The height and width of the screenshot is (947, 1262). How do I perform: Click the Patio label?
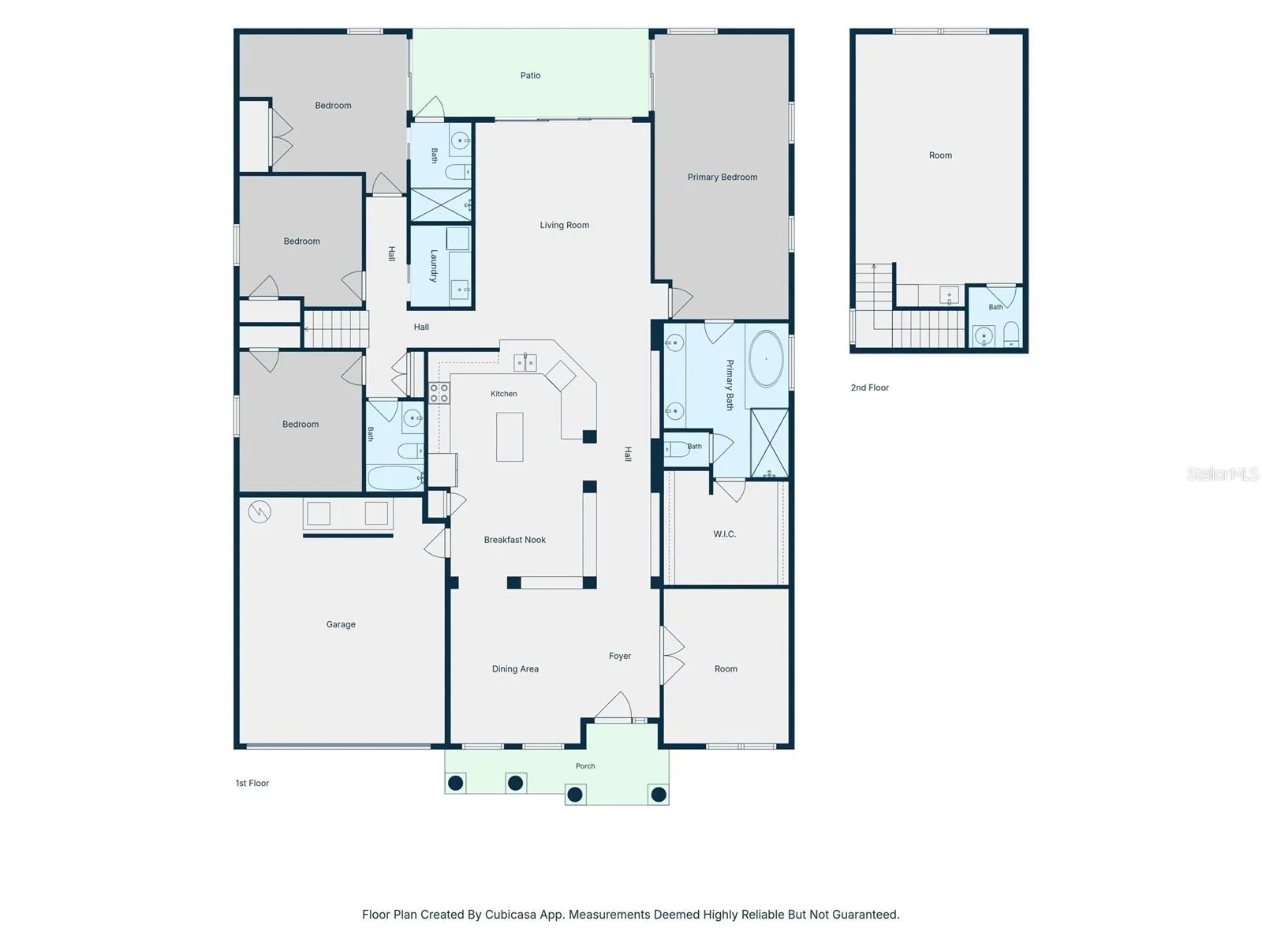tap(530, 75)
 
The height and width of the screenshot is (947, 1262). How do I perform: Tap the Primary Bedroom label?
tap(722, 177)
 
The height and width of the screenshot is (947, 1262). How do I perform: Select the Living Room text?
tap(564, 225)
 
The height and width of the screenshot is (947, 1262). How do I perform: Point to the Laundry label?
tap(434, 266)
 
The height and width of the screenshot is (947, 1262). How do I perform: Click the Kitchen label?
tap(503, 394)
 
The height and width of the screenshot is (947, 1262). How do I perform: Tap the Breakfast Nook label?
tap(514, 539)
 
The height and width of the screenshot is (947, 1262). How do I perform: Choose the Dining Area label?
tap(515, 668)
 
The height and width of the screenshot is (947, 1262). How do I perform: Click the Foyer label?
tap(620, 656)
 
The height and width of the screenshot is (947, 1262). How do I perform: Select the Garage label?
tap(341, 624)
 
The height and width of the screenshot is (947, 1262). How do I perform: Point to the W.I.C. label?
tap(724, 534)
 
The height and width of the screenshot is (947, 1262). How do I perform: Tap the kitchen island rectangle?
tap(510, 437)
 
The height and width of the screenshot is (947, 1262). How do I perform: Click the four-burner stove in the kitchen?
tap(439, 393)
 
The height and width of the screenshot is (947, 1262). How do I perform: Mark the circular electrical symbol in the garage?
tap(259, 511)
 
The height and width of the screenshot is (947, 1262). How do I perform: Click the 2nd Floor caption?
tap(869, 387)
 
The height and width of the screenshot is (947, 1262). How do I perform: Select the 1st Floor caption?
tap(252, 783)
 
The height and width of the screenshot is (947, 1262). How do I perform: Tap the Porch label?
tap(585, 765)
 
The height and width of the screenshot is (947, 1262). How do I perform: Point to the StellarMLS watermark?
tap(1223, 473)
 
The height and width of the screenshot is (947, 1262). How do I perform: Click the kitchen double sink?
tap(525, 362)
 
